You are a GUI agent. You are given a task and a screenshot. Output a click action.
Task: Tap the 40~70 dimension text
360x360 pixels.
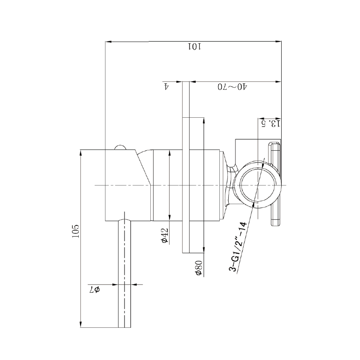click(233, 87)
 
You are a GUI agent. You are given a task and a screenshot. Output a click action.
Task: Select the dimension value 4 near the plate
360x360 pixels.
click(167, 86)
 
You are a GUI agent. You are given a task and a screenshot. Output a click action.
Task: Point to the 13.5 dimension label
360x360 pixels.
click(270, 124)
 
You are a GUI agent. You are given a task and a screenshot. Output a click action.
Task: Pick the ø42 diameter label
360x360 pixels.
click(165, 235)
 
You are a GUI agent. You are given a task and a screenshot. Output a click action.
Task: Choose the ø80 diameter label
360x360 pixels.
click(198, 268)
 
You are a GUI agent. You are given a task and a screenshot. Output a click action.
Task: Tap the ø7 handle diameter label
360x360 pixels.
click(94, 290)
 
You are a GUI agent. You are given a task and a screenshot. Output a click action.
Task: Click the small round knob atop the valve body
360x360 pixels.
click(120, 147)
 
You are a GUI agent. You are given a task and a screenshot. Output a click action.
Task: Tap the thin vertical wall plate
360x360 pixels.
click(186, 167)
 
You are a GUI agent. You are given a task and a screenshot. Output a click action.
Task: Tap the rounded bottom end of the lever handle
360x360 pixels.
click(125, 326)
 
